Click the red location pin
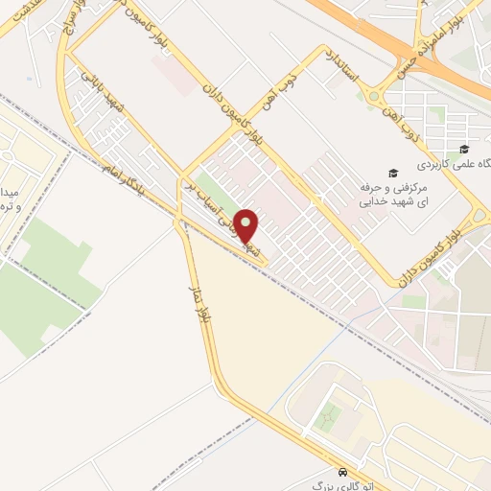[x=246, y=226]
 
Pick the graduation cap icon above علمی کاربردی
[x=465, y=149]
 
